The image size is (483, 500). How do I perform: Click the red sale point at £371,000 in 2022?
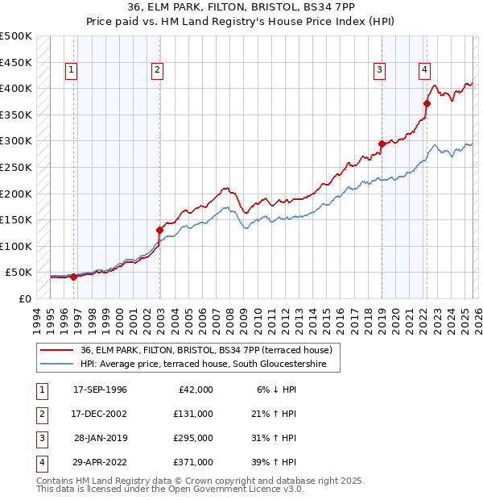pos(427,103)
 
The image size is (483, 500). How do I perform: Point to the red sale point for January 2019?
pos(382,144)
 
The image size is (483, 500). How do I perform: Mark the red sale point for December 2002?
pos(160,230)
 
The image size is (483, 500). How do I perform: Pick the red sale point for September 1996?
pos(74,277)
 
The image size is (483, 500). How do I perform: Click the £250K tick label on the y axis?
pos(16,167)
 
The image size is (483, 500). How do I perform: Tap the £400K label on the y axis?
pos(16,88)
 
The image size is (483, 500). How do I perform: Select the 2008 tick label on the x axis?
pos(230,319)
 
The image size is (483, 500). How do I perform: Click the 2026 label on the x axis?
pos(477,319)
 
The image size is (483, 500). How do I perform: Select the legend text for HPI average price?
pos(209,365)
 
